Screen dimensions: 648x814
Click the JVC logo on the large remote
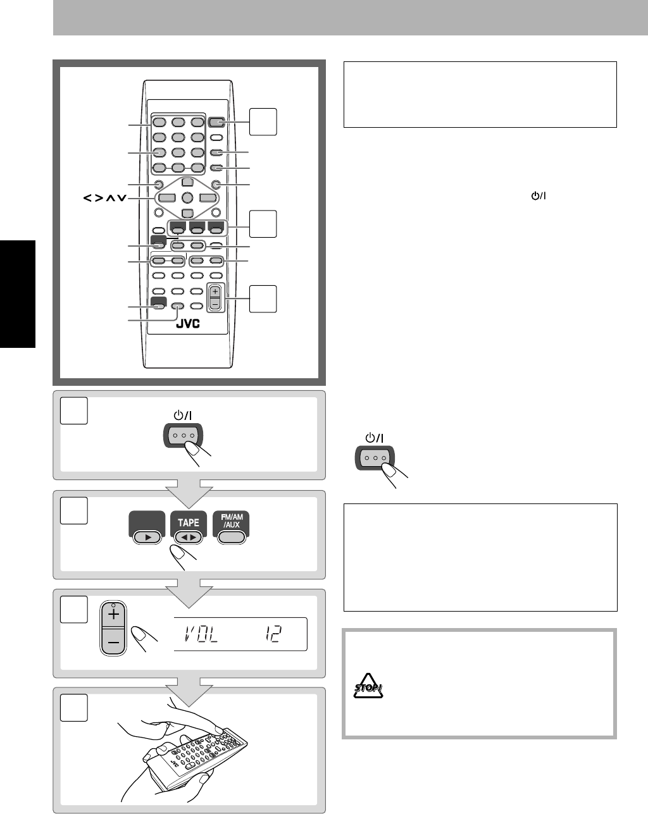point(188,324)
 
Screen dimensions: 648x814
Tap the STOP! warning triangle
point(368,686)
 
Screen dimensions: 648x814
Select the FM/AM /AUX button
point(232,527)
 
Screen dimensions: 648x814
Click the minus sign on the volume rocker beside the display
point(113,642)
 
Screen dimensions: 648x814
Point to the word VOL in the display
point(201,634)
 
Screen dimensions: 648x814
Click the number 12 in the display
point(273,634)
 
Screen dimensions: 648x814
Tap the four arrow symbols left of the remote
point(105,197)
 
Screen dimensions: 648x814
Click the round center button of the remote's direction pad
point(187,197)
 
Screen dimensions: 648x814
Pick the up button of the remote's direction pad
point(187,182)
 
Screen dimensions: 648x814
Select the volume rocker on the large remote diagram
point(215,298)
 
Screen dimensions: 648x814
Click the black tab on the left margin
point(18,294)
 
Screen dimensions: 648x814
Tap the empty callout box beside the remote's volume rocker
point(263,299)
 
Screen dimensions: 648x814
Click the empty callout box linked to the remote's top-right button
point(263,122)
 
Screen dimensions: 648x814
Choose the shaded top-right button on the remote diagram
point(216,122)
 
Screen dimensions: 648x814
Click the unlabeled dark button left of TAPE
point(147,527)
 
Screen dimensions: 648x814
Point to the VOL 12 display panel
point(240,634)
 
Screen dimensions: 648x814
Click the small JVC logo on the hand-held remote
point(174,763)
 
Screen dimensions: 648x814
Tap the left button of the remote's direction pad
point(167,197)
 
